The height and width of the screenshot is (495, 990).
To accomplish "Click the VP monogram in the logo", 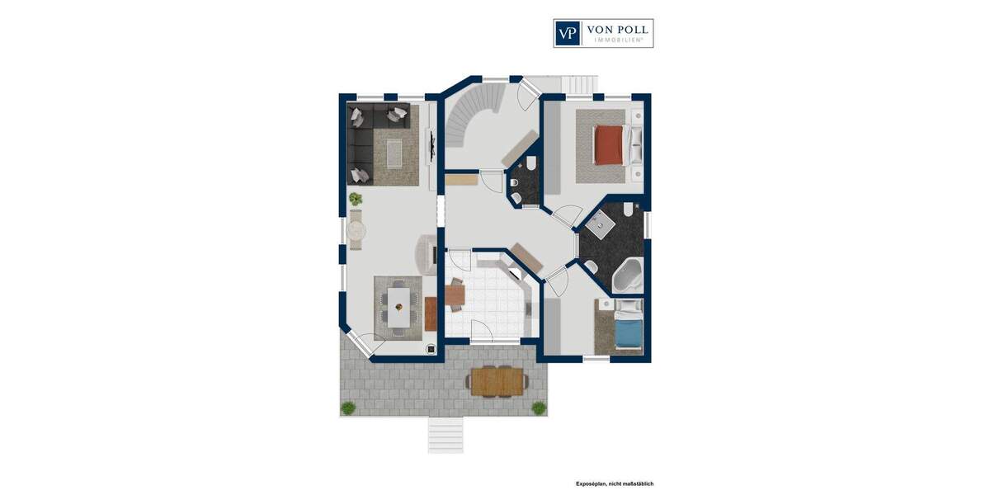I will tap(568, 33).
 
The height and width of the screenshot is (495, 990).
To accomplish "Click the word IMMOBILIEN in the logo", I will tap(616, 40).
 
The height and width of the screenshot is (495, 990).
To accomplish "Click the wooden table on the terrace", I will tap(497, 381).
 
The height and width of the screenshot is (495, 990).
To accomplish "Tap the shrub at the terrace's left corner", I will tap(348, 408).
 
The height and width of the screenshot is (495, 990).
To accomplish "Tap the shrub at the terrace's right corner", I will tap(539, 408).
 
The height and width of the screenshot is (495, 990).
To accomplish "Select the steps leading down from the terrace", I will tap(445, 434).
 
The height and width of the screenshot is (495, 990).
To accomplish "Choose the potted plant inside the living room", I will tap(356, 199).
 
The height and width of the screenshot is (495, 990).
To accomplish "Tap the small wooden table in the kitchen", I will tap(455, 295).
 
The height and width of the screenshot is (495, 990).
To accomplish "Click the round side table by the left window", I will tap(356, 229).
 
